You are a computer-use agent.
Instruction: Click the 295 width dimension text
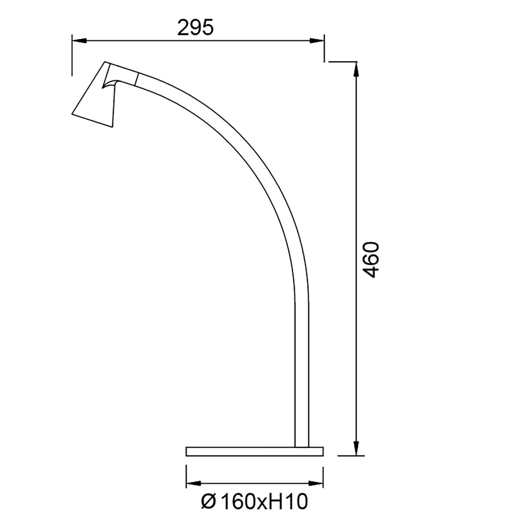[x=195, y=28]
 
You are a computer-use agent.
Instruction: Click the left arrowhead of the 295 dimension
[x=79, y=40]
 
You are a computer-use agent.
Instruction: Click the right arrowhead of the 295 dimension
[x=317, y=40]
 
